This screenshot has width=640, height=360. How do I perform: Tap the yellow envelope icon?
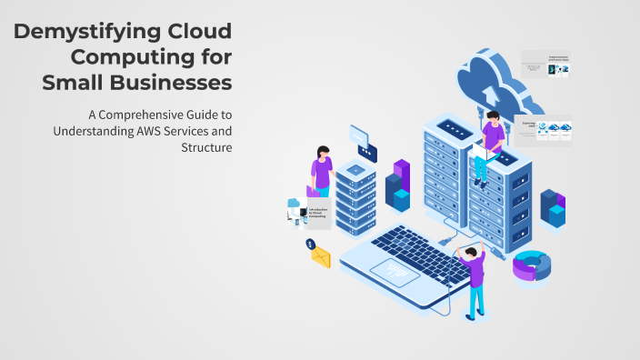[320, 257]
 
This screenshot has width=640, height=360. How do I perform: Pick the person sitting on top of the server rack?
[491, 141]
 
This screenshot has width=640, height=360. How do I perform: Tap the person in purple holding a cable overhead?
[474, 276]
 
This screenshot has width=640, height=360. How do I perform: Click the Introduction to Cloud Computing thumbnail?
[305, 214]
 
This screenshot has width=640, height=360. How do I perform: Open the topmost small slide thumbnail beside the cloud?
[545, 64]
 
